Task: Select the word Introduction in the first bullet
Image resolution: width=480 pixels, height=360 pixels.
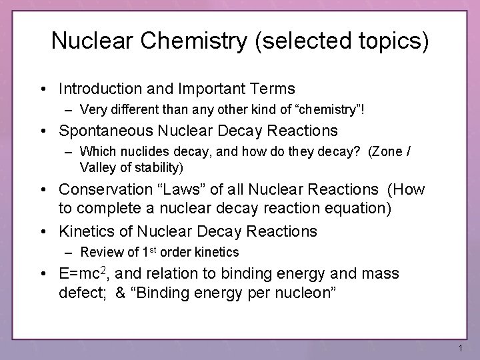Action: [x=101, y=88]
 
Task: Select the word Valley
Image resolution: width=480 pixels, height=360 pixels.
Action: [x=96, y=166]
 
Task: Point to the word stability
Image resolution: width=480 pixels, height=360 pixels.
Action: [x=155, y=166]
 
